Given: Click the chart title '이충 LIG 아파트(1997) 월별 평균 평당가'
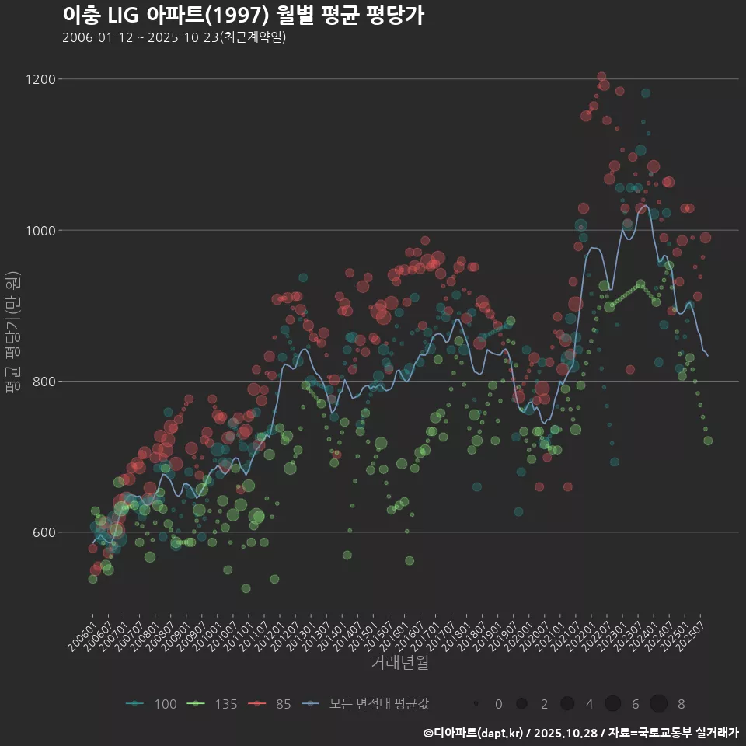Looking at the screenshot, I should click(242, 16).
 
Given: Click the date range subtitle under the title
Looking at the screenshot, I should click(174, 37).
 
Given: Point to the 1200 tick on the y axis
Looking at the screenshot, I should click(40, 79).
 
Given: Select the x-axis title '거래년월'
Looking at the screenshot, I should click(399, 662).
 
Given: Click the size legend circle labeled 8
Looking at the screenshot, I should click(658, 704).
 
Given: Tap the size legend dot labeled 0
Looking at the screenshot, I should click(476, 704).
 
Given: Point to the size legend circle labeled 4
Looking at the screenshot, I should click(567, 704).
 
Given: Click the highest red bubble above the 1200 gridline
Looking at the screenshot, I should click(601, 76).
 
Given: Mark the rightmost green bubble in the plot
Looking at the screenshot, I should click(708, 441).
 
